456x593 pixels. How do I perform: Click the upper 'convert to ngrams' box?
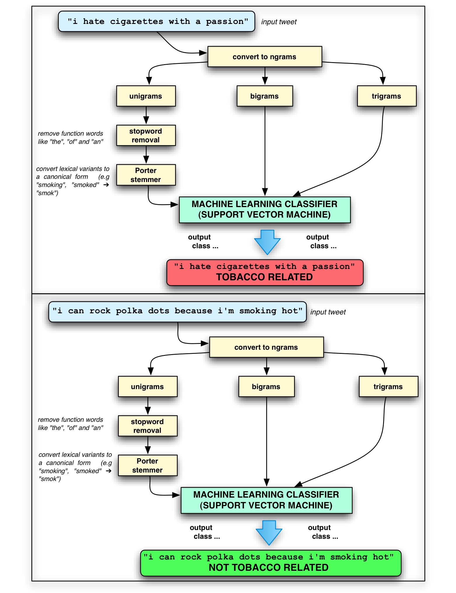pos(264,57)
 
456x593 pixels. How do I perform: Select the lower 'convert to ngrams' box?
pos(266,347)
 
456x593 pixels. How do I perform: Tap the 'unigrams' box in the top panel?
pos(146,96)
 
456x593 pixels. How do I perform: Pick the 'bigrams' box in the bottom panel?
pos(266,386)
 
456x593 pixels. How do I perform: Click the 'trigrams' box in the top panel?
pos(386,96)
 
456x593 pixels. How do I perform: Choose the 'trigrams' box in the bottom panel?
pos(388,386)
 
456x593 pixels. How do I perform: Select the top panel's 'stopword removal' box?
pos(146,135)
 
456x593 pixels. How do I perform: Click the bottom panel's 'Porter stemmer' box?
pos(148,465)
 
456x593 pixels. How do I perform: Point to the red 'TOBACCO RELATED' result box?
pos(265,272)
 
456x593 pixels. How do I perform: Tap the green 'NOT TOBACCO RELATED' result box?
pos(271,563)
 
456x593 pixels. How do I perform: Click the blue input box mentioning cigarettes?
pos(157,22)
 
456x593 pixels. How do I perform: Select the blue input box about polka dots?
pos(177,312)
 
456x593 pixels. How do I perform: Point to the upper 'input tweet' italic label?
pos(279,22)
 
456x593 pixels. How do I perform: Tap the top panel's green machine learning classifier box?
pos(264,209)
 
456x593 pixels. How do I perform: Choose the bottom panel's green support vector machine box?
pos(266,500)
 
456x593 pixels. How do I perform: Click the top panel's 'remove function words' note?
pos(71,137)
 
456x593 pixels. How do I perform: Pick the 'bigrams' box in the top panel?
pos(264,96)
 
